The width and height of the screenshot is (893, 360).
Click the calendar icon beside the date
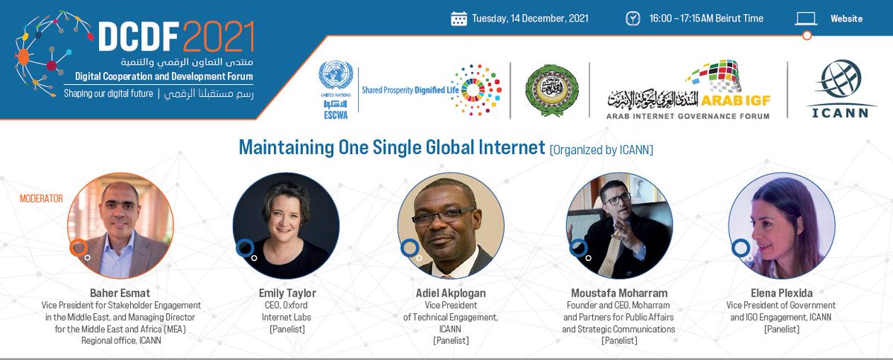tap(458, 19)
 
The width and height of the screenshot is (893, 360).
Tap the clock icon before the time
tap(632, 19)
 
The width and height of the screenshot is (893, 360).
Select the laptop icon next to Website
tap(806, 19)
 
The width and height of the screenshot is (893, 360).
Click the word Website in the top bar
tap(847, 19)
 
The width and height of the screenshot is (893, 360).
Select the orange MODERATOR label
tap(42, 199)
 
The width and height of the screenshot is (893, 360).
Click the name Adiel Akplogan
tap(450, 293)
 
